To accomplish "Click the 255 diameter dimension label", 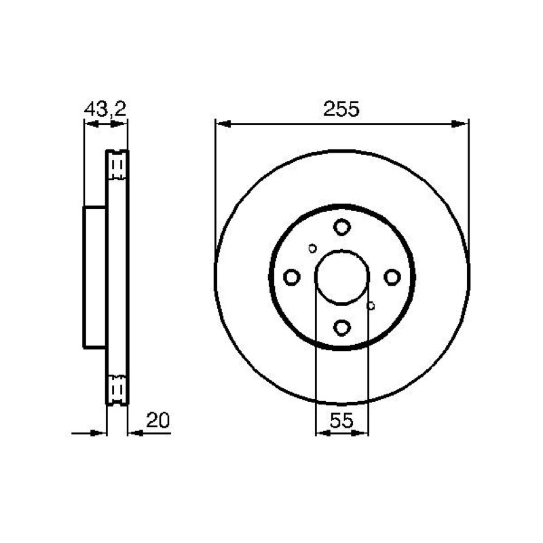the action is click(x=341, y=109).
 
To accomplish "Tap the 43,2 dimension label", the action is click(x=105, y=109).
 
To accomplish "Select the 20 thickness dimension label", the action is click(x=158, y=420).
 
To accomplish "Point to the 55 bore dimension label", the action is click(x=341, y=420).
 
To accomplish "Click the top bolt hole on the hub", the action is click(x=342, y=227).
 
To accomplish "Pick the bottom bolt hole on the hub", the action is click(x=342, y=327).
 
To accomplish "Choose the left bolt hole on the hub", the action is click(x=292, y=277).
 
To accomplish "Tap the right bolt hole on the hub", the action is click(x=392, y=277).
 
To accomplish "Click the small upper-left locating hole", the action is click(x=312, y=248).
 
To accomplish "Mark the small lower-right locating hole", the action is click(x=371, y=306).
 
